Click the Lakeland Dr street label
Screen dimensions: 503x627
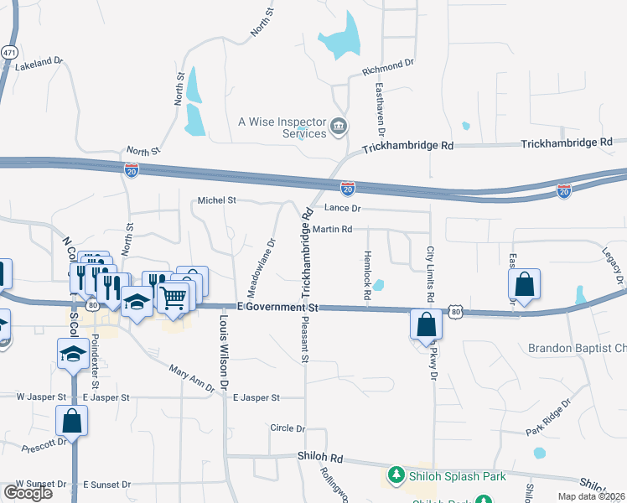pos(39,62)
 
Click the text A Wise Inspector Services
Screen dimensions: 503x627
pos(282,127)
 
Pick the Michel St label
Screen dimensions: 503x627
pos(217,200)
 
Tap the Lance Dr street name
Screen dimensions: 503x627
pos(343,207)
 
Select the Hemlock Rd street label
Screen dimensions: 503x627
pos(367,275)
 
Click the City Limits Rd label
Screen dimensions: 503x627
pos(431,274)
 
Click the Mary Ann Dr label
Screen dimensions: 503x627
pos(193,374)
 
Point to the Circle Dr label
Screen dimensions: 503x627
pos(288,428)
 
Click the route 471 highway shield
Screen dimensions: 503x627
pos(8,51)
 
